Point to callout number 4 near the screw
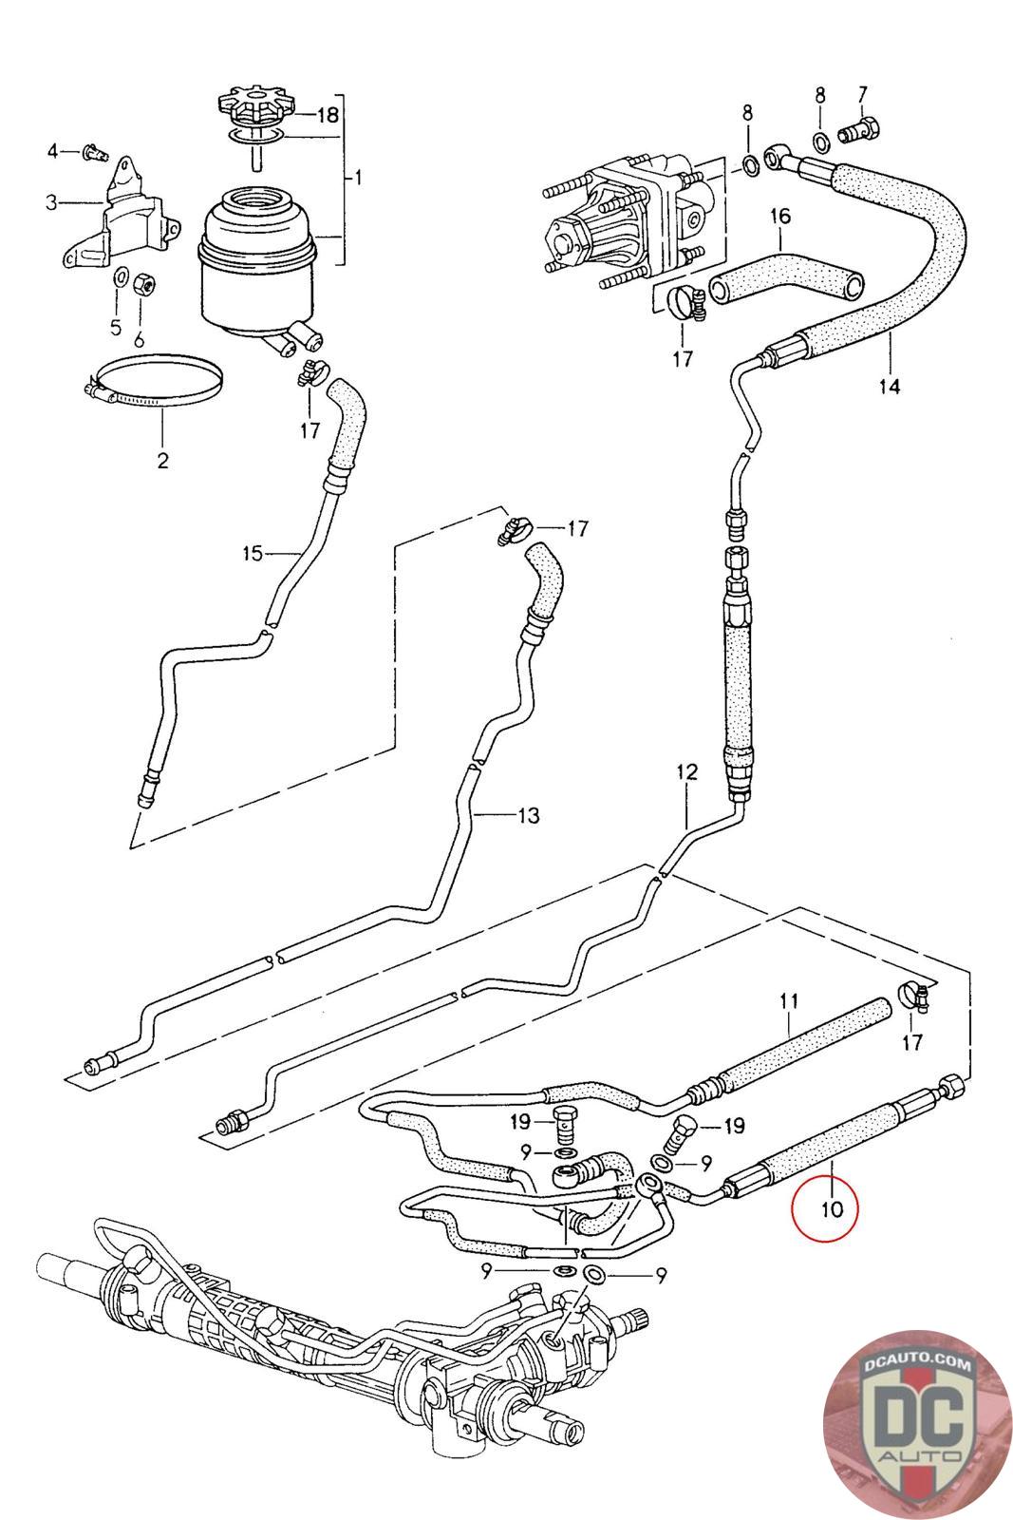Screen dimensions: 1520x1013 [54, 150]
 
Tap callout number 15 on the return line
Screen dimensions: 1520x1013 [252, 552]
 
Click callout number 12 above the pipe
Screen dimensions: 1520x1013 [686, 771]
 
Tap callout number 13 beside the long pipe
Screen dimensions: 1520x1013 [528, 815]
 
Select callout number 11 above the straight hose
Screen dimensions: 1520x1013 [789, 1000]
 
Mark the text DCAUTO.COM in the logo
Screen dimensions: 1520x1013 [906, 1365]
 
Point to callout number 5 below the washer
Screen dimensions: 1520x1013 [116, 328]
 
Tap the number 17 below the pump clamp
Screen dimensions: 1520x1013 [683, 358]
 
